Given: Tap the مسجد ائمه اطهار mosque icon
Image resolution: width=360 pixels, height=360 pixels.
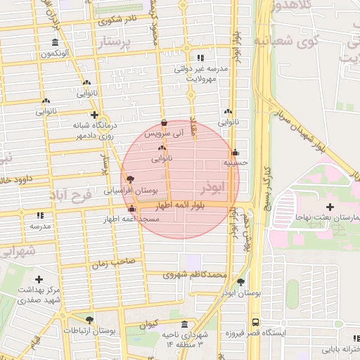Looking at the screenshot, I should point(131,209).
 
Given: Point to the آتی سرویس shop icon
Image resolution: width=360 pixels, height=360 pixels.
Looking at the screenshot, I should point(164,123).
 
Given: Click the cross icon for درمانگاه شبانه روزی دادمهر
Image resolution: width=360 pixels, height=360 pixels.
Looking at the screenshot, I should point(94,114).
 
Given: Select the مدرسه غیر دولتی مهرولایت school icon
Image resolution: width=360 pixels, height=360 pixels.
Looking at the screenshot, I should point(200,58).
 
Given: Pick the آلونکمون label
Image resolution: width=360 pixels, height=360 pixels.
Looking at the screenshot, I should point(56,53).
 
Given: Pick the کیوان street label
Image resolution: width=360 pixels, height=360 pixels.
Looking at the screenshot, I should point(149,325).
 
